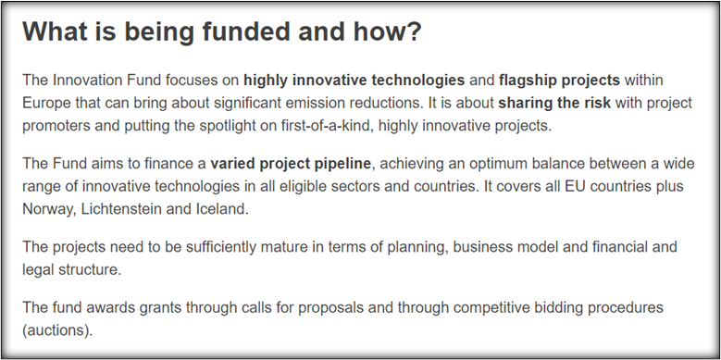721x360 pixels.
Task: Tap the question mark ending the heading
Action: click(x=414, y=31)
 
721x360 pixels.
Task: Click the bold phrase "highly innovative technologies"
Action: click(x=354, y=81)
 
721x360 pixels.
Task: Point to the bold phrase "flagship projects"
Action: click(x=559, y=81)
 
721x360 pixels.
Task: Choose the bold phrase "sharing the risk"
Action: click(x=554, y=103)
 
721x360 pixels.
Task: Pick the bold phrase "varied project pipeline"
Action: click(x=290, y=164)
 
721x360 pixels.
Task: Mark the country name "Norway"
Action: click(x=49, y=209)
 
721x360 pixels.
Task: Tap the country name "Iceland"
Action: click(x=225, y=209)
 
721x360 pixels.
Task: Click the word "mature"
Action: click(x=284, y=247)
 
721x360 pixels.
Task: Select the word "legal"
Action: click(x=38, y=270)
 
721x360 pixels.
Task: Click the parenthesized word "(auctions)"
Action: click(x=57, y=330)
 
